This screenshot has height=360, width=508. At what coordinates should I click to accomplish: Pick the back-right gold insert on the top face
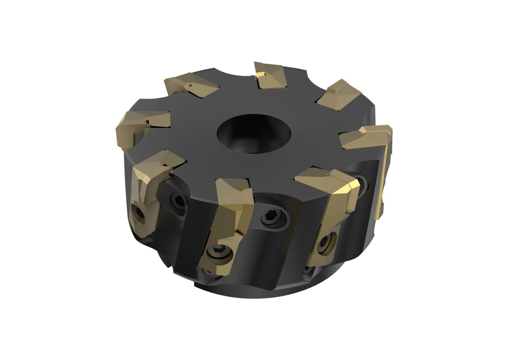[339, 95]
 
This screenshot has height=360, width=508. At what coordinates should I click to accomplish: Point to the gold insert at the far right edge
[367, 137]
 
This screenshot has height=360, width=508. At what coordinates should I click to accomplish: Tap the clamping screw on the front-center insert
[220, 253]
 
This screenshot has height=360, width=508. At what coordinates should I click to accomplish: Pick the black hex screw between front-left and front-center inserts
[178, 200]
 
